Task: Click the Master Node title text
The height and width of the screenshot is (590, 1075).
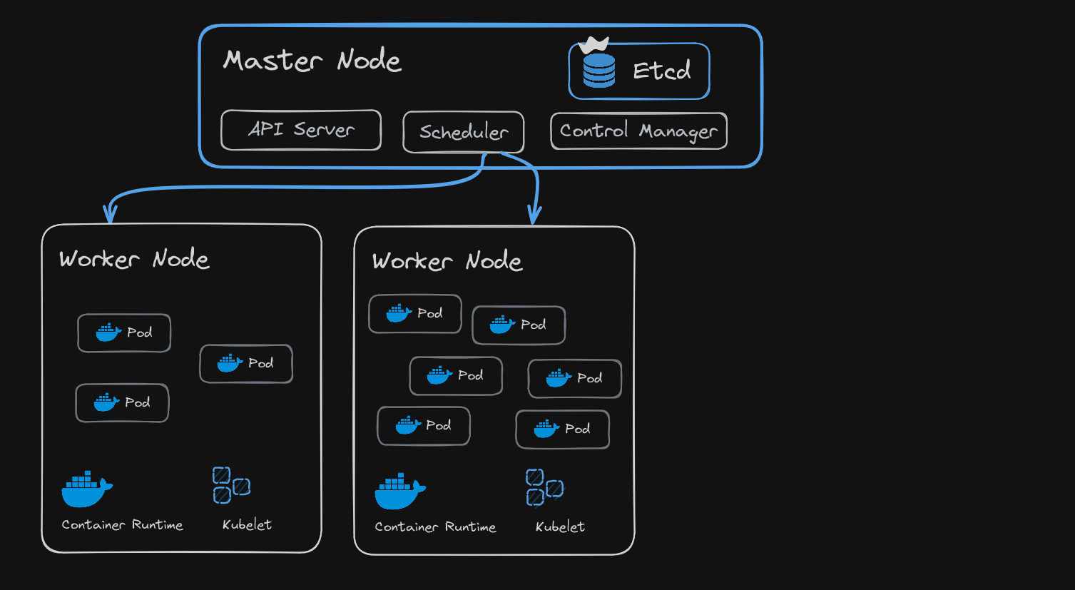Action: pos(312,61)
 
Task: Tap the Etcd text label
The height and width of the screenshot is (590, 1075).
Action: pos(661,71)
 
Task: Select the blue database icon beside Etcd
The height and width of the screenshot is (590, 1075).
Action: pos(599,71)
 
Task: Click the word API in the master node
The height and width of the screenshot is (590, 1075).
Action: pos(266,129)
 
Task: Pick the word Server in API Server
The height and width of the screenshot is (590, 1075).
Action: pos(324,130)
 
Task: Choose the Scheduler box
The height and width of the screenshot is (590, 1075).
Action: pos(464,132)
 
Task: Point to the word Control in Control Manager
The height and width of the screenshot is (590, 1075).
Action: pos(594,131)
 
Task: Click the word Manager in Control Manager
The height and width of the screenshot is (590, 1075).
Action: pos(678,132)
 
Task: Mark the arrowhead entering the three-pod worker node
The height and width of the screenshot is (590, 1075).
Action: pos(110,214)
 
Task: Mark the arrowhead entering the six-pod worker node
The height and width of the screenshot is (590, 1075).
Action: pos(534,215)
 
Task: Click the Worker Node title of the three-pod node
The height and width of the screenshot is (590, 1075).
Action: pos(134,259)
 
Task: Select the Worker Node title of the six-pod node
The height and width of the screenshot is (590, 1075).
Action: pos(447,261)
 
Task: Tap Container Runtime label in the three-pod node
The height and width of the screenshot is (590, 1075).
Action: pos(122,525)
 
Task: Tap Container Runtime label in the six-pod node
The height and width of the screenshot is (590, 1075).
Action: pos(435,527)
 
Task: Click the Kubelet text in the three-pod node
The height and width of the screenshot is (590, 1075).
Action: pos(247,525)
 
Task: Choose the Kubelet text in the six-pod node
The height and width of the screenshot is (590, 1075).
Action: pos(560,527)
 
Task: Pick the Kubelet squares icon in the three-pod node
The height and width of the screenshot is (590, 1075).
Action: pos(231,485)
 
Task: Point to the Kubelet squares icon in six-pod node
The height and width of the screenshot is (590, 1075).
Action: pos(544,487)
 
